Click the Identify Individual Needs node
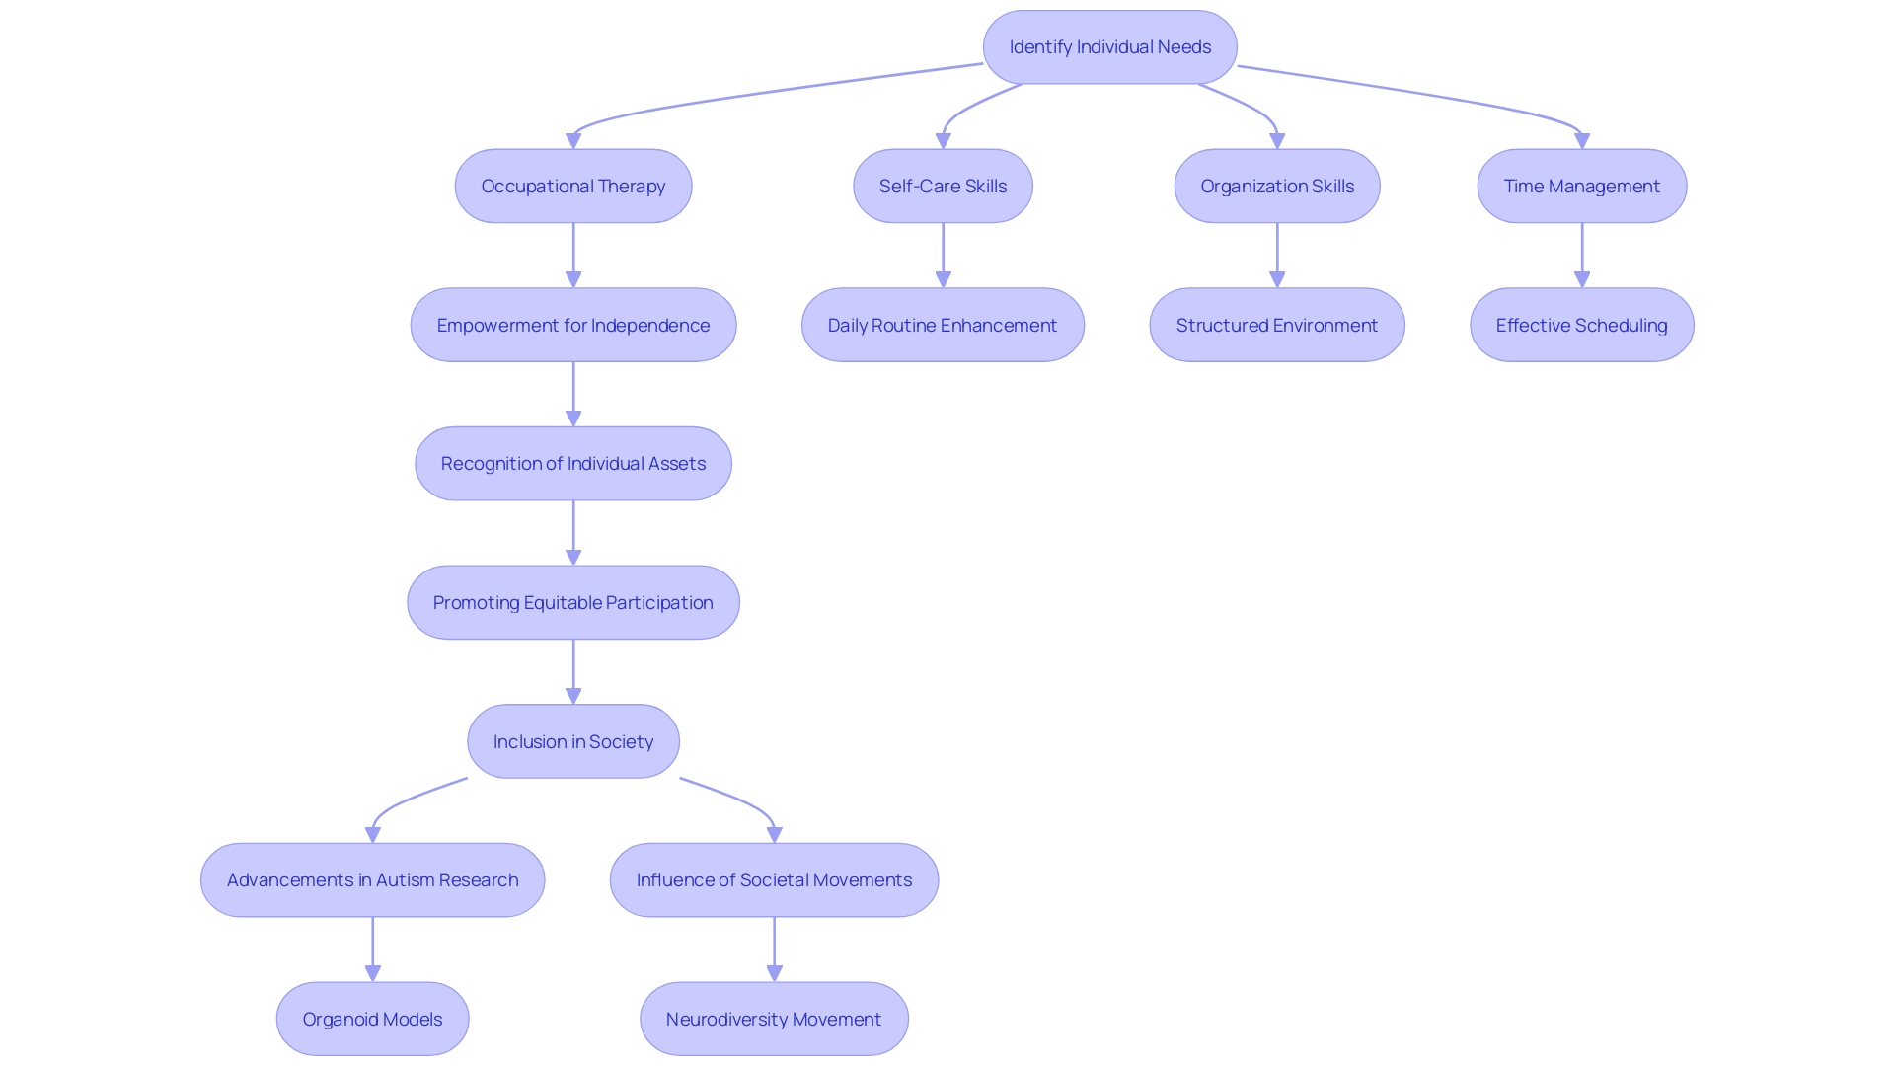[1109, 47]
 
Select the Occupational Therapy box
[572, 186]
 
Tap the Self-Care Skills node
[943, 186]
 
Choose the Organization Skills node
[1276, 186]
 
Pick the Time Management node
[1581, 186]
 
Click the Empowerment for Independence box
[572, 325]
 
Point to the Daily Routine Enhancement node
[943, 325]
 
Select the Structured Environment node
[1276, 325]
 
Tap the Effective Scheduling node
[1581, 325]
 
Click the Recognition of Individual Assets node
[572, 464]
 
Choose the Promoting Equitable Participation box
[572, 602]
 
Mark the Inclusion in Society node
[572, 741]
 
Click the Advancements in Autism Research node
[372, 879]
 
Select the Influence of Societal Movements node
[774, 879]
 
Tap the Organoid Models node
[372, 1019]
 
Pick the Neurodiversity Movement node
[774, 1019]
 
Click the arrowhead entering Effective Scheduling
[1582, 280]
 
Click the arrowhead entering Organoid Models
[372, 974]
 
